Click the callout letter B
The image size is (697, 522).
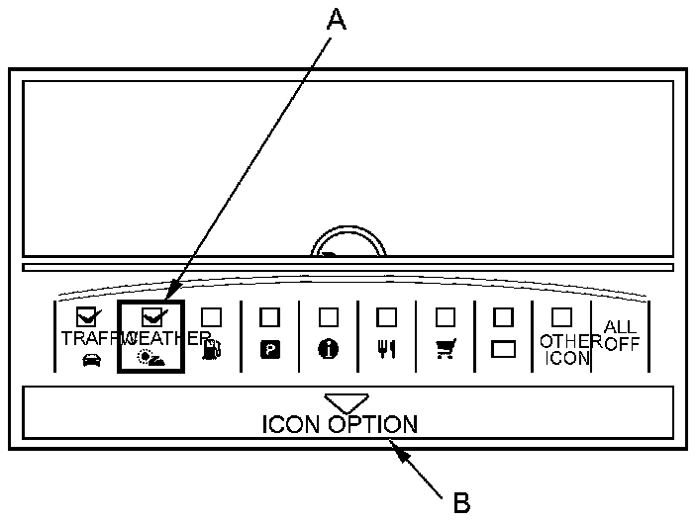click(x=461, y=502)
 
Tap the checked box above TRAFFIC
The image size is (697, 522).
click(x=86, y=317)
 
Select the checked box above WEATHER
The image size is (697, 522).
click(x=152, y=317)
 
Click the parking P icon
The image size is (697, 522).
click(x=268, y=350)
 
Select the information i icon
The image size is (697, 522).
click(x=328, y=350)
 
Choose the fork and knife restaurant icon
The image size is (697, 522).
click(x=386, y=350)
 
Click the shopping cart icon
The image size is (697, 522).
click(x=445, y=350)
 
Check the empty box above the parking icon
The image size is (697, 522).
click(x=268, y=316)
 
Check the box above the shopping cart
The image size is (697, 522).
click(x=446, y=316)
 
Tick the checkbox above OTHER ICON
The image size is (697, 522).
click(x=561, y=316)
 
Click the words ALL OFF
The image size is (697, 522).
click(x=621, y=336)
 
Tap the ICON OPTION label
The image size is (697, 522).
click(x=340, y=424)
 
